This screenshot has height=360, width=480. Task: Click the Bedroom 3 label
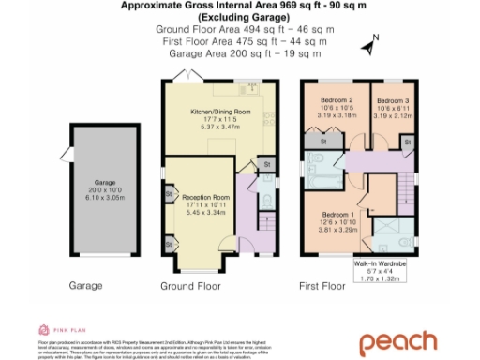393,99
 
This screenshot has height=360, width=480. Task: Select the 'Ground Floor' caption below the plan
188,285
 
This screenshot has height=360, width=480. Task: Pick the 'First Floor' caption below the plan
322,285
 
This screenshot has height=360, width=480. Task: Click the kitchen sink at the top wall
250,89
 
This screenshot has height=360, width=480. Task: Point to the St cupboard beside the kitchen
266,164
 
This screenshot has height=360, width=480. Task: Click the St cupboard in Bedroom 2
322,141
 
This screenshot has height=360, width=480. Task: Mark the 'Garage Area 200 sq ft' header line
239,53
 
